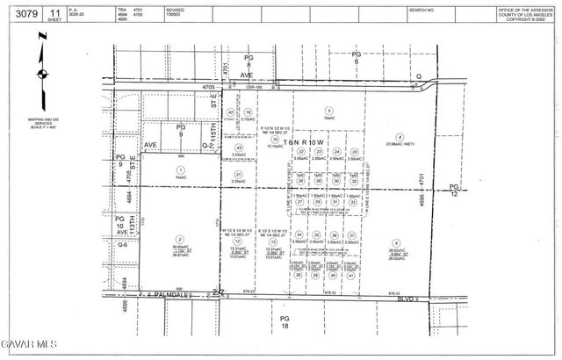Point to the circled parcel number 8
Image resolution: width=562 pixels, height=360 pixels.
(x=400, y=136)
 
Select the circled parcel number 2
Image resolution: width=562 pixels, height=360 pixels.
(x=180, y=239)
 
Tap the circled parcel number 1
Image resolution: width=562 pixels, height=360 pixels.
(x=180, y=169)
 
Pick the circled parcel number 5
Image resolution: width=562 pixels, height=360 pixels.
(x=328, y=110)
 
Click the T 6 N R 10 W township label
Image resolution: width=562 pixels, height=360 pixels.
(x=302, y=141)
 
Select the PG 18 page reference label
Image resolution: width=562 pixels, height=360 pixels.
(x=284, y=321)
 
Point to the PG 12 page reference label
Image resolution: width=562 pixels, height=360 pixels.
(x=454, y=191)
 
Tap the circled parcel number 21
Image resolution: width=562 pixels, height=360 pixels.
(x=238, y=175)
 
